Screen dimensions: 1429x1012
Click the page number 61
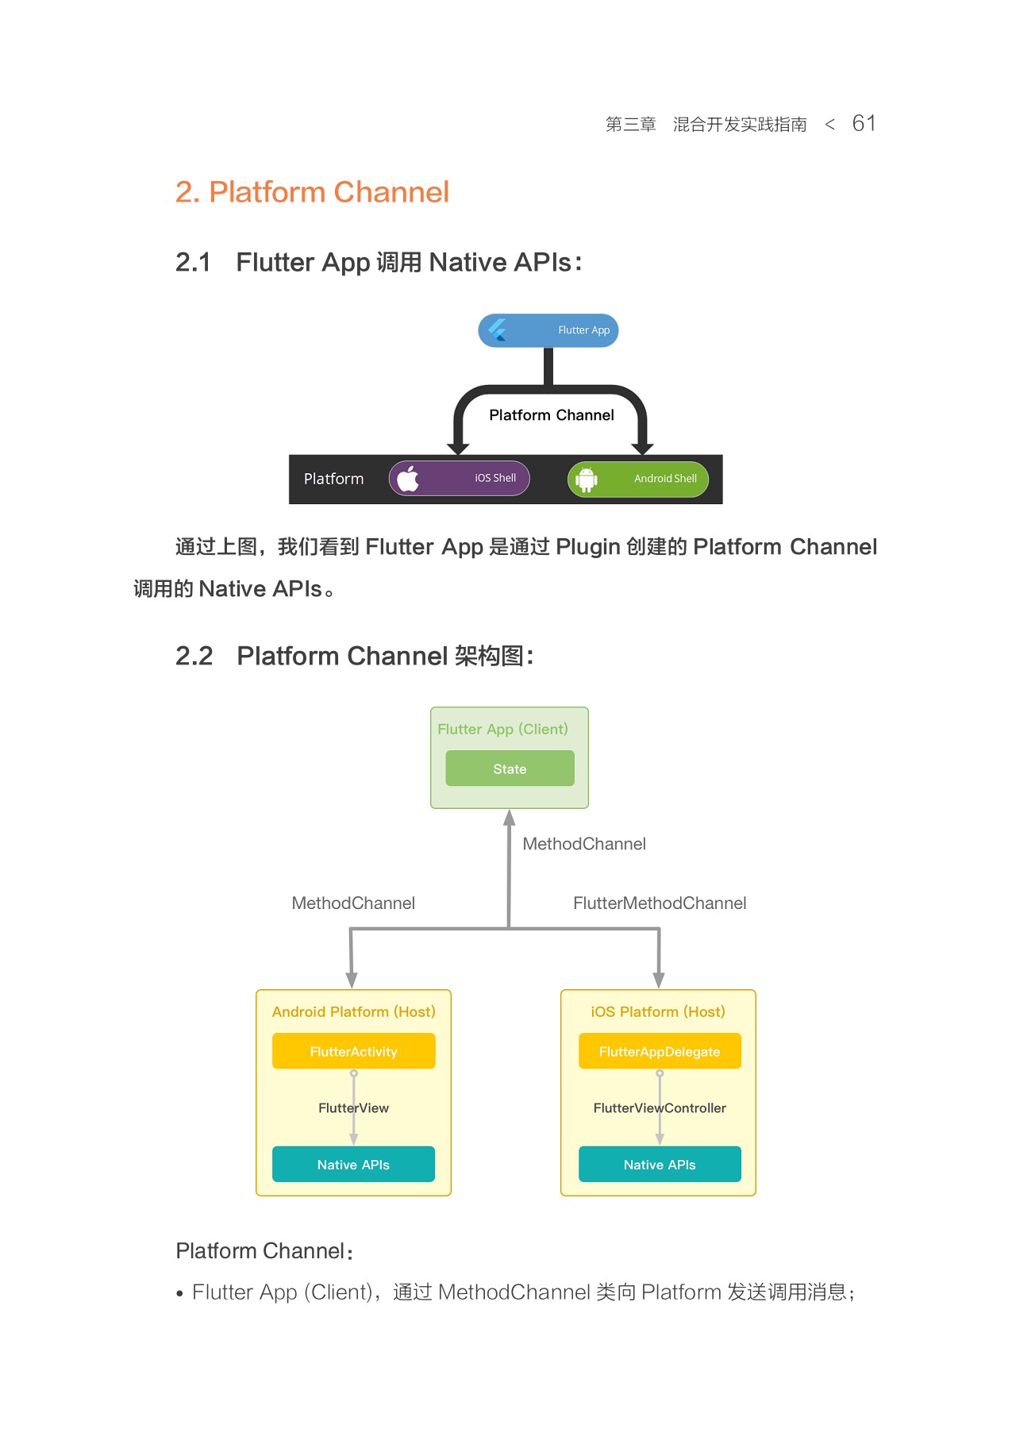863,124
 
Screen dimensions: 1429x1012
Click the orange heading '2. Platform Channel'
312,192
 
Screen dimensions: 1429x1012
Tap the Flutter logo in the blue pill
498,330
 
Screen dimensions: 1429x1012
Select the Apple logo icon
408,479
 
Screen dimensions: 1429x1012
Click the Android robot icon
586,480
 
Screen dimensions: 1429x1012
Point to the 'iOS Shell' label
495,478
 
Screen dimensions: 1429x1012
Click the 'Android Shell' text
665,479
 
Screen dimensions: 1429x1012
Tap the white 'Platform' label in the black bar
333,479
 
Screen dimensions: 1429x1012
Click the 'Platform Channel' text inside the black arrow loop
551,415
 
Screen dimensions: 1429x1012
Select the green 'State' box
510,768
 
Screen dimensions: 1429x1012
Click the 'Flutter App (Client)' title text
502,729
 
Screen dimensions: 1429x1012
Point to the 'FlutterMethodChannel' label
659,903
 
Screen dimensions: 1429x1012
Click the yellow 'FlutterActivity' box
353,1051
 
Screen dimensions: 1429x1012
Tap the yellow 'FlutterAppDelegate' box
659,1051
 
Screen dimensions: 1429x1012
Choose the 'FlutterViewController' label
659,1107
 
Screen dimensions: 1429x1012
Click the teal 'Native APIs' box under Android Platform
353,1164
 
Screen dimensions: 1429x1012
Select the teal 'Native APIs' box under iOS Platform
659,1164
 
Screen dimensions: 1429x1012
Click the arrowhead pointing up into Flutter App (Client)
510,818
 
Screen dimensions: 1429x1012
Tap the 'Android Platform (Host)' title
353,1011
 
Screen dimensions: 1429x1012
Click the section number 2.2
194,656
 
